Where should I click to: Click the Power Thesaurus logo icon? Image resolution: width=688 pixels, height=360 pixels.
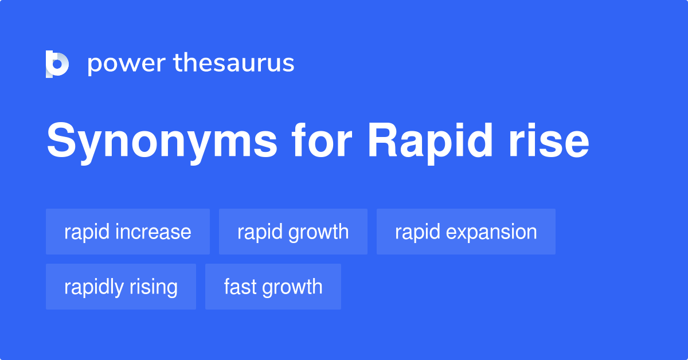pos(57,64)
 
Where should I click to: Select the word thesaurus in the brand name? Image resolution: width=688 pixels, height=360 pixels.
pos(234,64)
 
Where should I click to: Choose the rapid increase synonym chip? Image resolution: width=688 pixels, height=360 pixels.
pos(128,232)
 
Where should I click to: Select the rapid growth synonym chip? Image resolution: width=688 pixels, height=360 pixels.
pos(293,232)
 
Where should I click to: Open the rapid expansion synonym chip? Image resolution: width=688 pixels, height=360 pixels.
pos(466,232)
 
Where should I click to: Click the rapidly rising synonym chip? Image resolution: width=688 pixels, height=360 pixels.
pos(121,287)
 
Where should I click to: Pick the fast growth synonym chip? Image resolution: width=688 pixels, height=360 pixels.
pos(273,287)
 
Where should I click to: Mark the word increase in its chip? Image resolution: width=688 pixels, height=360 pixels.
pos(153,232)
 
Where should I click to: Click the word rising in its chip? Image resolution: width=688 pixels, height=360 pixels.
pos(154,287)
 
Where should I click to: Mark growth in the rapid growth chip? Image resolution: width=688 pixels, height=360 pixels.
pos(319,232)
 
